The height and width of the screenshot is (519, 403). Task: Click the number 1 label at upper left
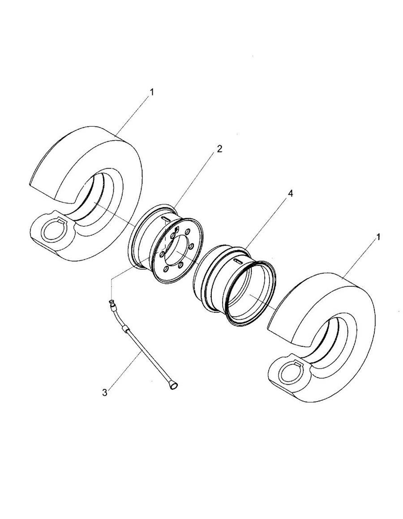(x=151, y=92)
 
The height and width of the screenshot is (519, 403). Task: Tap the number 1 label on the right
(x=378, y=237)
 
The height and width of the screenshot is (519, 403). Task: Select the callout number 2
(x=219, y=149)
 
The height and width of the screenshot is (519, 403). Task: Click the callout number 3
(x=105, y=393)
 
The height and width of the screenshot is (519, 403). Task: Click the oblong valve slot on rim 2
(x=166, y=218)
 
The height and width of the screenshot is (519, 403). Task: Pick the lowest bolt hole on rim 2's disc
(x=166, y=269)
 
